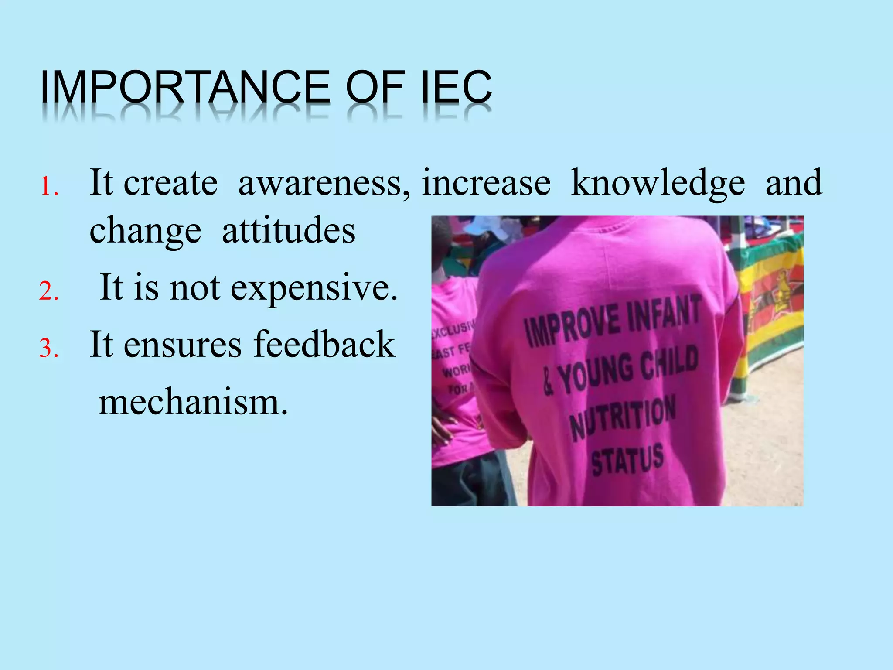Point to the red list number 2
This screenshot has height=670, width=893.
click(49, 291)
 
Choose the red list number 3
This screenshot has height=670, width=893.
click(49, 348)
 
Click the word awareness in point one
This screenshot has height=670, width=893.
click(324, 183)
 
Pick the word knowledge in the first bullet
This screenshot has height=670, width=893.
click(658, 183)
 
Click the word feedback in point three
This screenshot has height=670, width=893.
click(325, 345)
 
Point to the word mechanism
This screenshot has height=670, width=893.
click(193, 402)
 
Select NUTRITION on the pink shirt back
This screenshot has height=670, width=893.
click(624, 417)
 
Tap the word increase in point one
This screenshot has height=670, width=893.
click(486, 183)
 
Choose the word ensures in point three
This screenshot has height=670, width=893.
click(182, 345)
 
